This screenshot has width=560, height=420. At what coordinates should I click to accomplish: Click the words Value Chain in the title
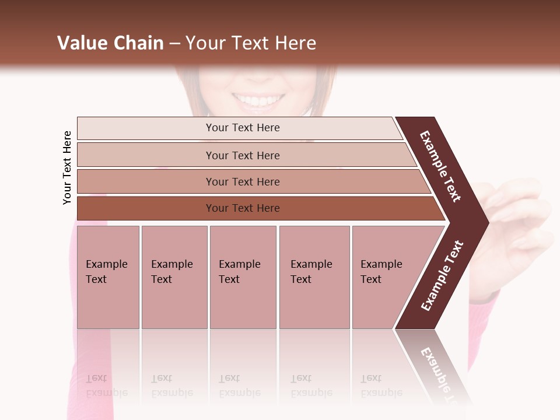coord(110,43)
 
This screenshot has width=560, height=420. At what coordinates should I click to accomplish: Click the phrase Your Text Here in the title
coord(251,43)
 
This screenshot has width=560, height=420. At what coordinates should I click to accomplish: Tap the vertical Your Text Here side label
coord(67,168)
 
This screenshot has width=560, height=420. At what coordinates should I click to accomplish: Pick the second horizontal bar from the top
coord(243,155)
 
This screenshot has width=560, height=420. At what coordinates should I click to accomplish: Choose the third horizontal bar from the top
coord(243,181)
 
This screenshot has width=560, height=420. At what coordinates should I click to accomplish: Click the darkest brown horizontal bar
coord(243,208)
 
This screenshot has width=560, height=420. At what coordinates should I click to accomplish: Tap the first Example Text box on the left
coord(108,276)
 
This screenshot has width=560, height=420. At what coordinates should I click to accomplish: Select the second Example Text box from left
coord(174,276)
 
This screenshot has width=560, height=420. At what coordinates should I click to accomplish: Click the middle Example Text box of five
coord(242,276)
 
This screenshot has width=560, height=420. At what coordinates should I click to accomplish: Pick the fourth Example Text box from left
coord(314,276)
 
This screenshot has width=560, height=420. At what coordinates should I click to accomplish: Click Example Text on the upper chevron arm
coord(440,166)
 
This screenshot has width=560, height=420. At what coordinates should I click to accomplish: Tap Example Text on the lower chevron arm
coord(442,275)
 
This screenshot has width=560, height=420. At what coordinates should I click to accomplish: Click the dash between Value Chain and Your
coord(174,43)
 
